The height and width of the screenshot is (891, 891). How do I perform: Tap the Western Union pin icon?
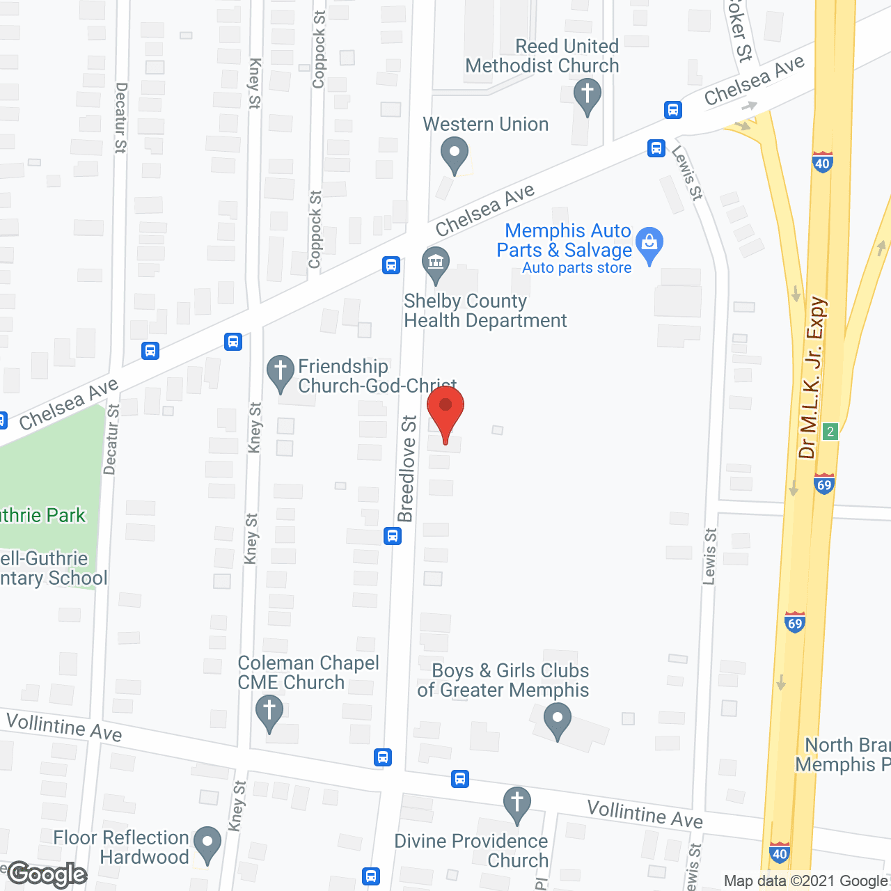455,155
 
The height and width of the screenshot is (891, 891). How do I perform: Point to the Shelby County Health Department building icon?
436,264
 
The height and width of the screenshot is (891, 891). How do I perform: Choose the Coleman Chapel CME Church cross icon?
269,713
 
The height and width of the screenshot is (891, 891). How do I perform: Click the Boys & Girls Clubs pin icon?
557,720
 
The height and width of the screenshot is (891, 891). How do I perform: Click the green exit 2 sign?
830,432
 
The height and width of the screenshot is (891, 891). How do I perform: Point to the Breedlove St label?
407,468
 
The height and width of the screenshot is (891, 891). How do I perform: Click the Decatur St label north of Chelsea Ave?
120,118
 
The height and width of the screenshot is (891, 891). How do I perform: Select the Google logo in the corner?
47,874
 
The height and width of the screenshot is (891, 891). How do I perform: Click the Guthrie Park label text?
42,516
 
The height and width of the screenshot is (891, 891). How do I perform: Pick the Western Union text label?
486,125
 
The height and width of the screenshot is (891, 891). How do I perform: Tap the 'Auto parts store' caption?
577,268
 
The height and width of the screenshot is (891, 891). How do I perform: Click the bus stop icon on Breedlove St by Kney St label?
393,536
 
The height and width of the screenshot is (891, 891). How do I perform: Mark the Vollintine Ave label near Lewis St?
645,814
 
